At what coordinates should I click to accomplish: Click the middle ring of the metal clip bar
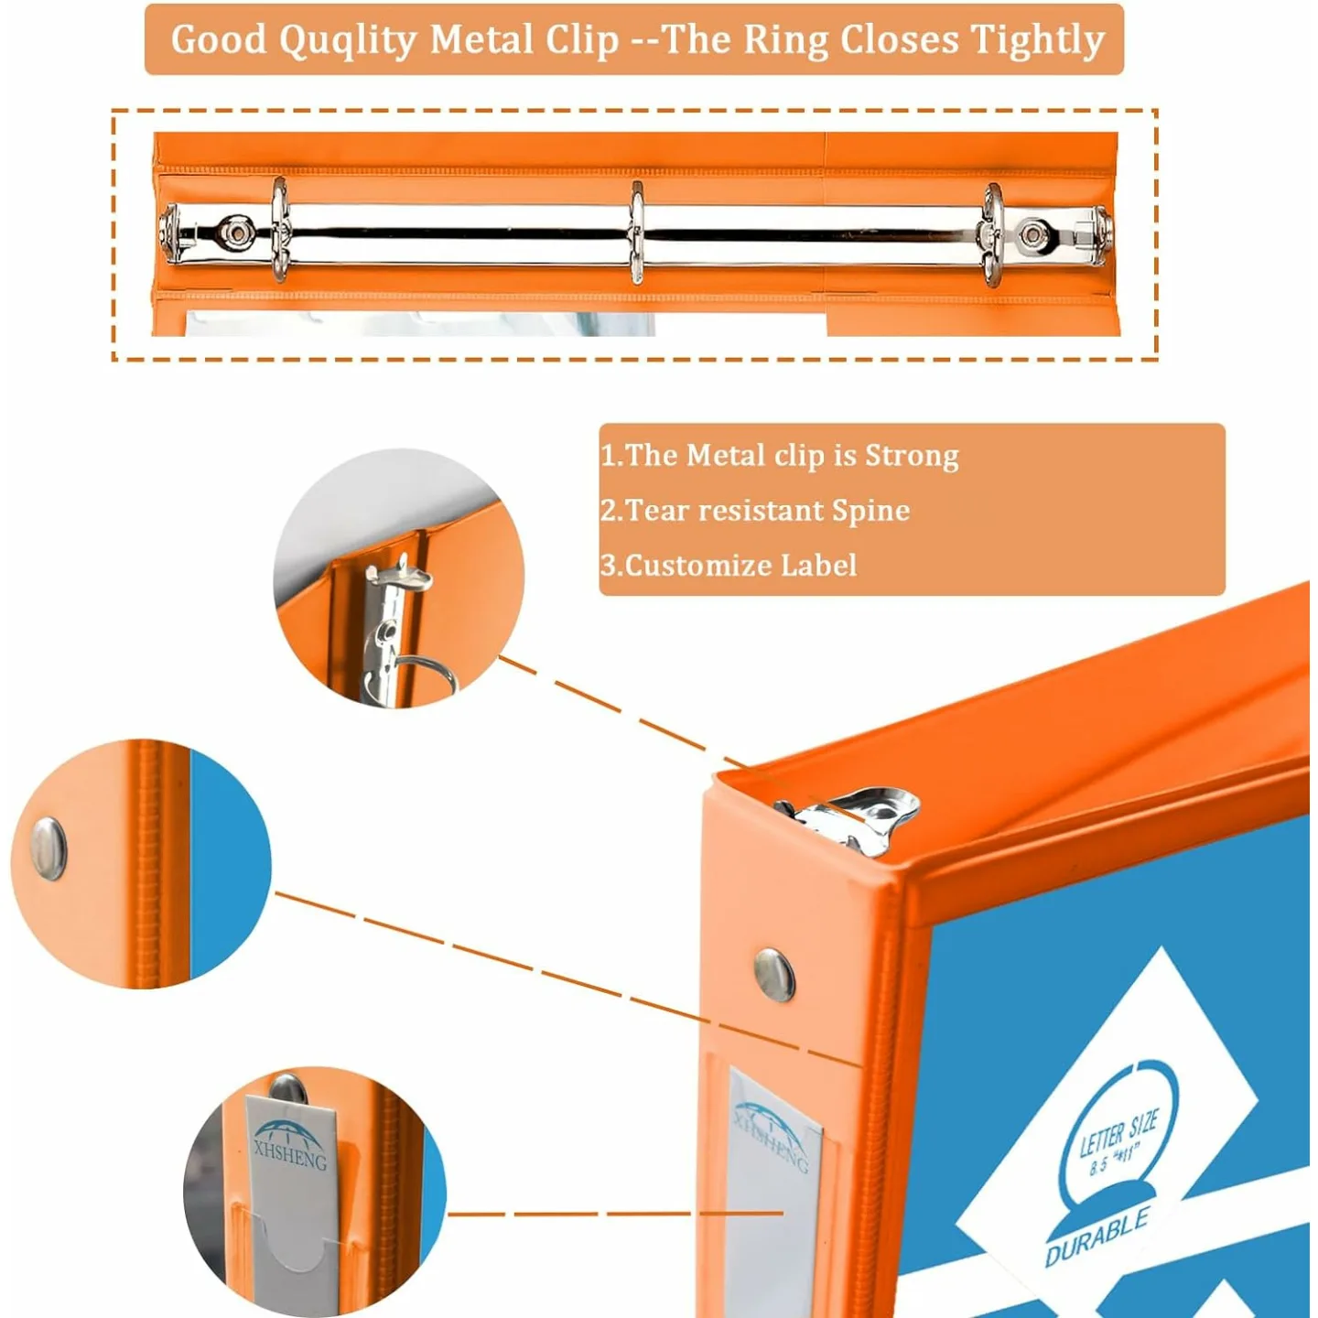(x=636, y=232)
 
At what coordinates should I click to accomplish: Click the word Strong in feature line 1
(x=912, y=455)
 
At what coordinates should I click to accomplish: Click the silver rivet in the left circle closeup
(x=49, y=848)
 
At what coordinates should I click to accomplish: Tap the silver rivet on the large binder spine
(x=774, y=974)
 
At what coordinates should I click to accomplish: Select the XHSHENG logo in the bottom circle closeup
(x=289, y=1144)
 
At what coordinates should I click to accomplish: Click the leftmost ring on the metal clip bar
(x=279, y=231)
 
